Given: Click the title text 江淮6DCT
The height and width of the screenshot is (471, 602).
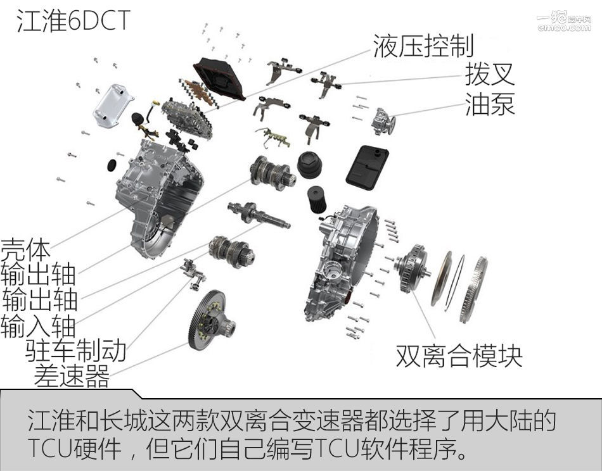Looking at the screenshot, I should pyautogui.click(x=72, y=20).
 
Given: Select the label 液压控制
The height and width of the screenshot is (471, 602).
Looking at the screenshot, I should pyautogui.click(x=423, y=46).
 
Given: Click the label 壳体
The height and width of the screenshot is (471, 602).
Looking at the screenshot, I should pyautogui.click(x=25, y=250).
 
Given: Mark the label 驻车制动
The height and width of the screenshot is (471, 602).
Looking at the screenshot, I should pyautogui.click(x=75, y=349).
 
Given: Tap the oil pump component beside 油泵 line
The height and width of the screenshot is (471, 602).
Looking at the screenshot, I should pyautogui.click(x=383, y=120).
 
